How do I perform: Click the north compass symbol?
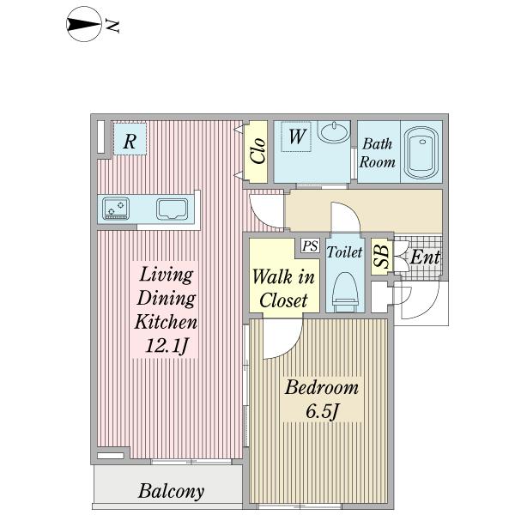click(84, 24)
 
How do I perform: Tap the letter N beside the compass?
click(112, 26)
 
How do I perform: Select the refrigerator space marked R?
click(130, 139)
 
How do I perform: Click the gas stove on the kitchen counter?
click(116, 209)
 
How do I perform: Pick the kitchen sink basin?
click(172, 209)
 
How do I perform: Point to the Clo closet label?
click(257, 151)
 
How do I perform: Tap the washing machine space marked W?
click(296, 136)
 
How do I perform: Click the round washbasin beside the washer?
click(336, 131)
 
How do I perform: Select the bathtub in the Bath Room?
click(421, 153)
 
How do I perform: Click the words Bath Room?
click(377, 153)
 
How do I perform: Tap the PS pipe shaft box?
click(310, 245)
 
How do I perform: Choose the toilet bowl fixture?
click(345, 291)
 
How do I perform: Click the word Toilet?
click(344, 251)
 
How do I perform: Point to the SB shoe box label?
click(382, 256)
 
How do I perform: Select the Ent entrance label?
click(425, 257)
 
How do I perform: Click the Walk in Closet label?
click(283, 288)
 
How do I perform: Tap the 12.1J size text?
click(167, 346)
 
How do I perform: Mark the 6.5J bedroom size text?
click(322, 411)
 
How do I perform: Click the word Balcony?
click(171, 492)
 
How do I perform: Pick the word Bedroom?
click(322, 387)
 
